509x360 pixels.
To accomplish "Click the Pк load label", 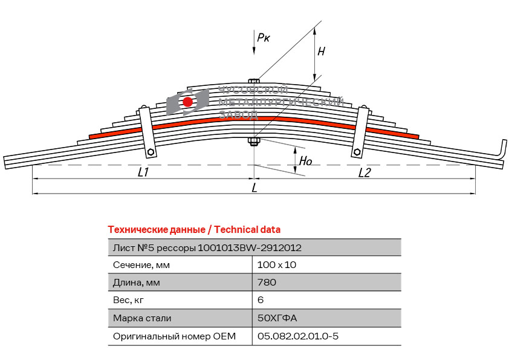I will tap(264, 38).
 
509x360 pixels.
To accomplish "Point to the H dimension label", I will tap(321, 52).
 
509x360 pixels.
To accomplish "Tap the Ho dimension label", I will tap(305, 162).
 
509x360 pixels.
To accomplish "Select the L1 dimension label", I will tap(143, 173).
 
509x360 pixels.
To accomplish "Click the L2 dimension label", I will tap(364, 173).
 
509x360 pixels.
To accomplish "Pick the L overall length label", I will tap(254, 188).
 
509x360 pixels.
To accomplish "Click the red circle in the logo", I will tap(188, 102).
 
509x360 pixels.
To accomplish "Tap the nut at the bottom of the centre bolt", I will tap(254, 142).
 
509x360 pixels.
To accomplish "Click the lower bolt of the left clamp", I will tap(152, 152).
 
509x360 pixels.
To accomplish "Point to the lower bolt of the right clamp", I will tap(357, 152).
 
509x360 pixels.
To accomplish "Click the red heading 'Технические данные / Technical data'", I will tap(193, 230).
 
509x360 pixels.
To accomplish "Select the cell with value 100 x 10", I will tap(277, 265).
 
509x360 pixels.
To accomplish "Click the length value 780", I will tap(267, 283).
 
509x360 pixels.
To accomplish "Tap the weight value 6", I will tap(261, 300).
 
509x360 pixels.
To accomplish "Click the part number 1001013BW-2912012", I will tap(250, 247).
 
